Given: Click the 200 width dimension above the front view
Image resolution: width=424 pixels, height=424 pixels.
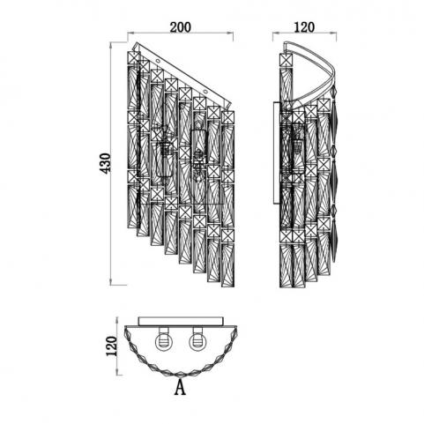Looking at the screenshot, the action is pos(181,27).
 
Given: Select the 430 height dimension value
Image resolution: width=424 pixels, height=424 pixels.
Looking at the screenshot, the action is pos(107,163).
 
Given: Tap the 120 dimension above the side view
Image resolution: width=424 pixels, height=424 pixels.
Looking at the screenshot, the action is pos(304,27).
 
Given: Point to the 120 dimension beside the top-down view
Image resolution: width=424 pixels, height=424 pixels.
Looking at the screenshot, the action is pos(111,346).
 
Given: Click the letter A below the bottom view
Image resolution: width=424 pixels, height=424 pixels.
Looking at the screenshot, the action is pos(180,387).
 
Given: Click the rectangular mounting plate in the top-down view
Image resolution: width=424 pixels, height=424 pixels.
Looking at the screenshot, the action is pos(181,321).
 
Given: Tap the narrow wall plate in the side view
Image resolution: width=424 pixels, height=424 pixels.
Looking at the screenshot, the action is pos(277,152).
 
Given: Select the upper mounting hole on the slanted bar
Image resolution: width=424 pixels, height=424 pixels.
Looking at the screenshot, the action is pos(158,62).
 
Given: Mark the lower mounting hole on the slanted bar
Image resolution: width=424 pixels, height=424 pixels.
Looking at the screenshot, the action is pos(205,93).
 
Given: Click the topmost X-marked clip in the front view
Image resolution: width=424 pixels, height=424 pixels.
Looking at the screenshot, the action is pos(134,58).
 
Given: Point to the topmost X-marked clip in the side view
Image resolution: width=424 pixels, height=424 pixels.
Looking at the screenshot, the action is pos(286,60).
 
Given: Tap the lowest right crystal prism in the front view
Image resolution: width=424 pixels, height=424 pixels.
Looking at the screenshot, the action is pos(227,264).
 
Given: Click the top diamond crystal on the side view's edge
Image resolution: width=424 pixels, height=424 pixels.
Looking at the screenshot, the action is pos(334,92).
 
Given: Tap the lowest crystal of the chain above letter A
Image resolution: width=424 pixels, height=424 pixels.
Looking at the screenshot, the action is pos(181,375).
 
